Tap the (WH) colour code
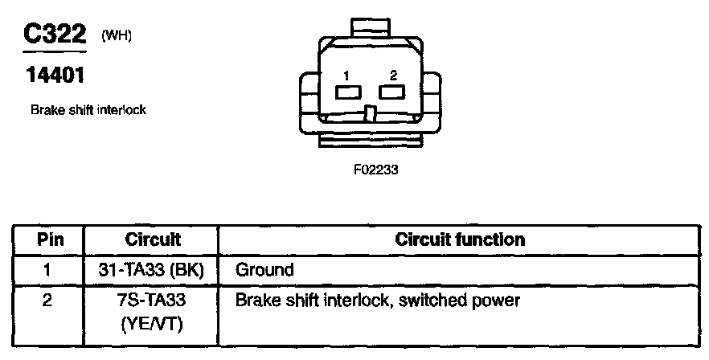pyautogui.click(x=116, y=37)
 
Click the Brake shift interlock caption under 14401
pyautogui.click(x=88, y=110)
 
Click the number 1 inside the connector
pyautogui.click(x=346, y=76)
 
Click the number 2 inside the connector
pyautogui.click(x=393, y=76)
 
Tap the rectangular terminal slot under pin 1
pyautogui.click(x=347, y=92)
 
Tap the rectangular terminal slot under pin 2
pyautogui.click(x=392, y=92)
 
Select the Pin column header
pyautogui.click(x=49, y=239)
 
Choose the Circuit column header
pyautogui.click(x=153, y=239)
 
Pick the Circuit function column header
pyautogui.click(x=460, y=239)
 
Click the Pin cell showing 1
pyautogui.click(x=49, y=270)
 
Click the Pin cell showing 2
pyautogui.click(x=49, y=301)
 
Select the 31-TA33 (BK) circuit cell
pyautogui.click(x=153, y=270)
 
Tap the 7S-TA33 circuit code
pyautogui.click(x=153, y=301)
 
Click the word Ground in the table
pyautogui.click(x=264, y=270)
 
